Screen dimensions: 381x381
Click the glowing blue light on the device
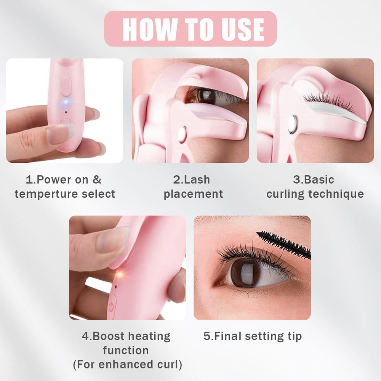pyautogui.click(x=66, y=102)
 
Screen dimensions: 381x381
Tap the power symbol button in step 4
pyautogui.click(x=111, y=307)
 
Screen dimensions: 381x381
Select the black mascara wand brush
pyautogui.click(x=284, y=244)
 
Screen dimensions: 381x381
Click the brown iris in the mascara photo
pyautogui.click(x=243, y=273)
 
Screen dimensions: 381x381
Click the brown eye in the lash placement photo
pyautogui.click(x=201, y=96)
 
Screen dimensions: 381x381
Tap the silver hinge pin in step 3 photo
pyautogui.click(x=292, y=125)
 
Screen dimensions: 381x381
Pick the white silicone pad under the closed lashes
pyautogui.click(x=335, y=112)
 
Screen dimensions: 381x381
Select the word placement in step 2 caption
pyautogui.click(x=193, y=194)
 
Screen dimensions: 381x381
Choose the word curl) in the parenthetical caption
pyautogui.click(x=170, y=365)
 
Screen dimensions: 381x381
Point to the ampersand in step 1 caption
pyautogui.click(x=97, y=180)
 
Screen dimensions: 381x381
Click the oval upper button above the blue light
pyautogui.click(x=66, y=86)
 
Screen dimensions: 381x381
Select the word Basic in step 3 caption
pyautogui.click(x=319, y=180)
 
